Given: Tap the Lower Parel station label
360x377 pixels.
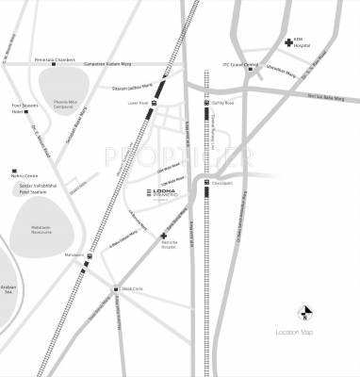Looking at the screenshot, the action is pyautogui.click(x=139, y=104).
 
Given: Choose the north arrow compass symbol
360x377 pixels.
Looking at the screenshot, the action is pyautogui.click(x=303, y=312).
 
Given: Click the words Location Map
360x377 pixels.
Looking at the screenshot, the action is pyautogui.click(x=295, y=332).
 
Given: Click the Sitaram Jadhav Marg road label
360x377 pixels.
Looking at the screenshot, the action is pyautogui.click(x=133, y=88).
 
